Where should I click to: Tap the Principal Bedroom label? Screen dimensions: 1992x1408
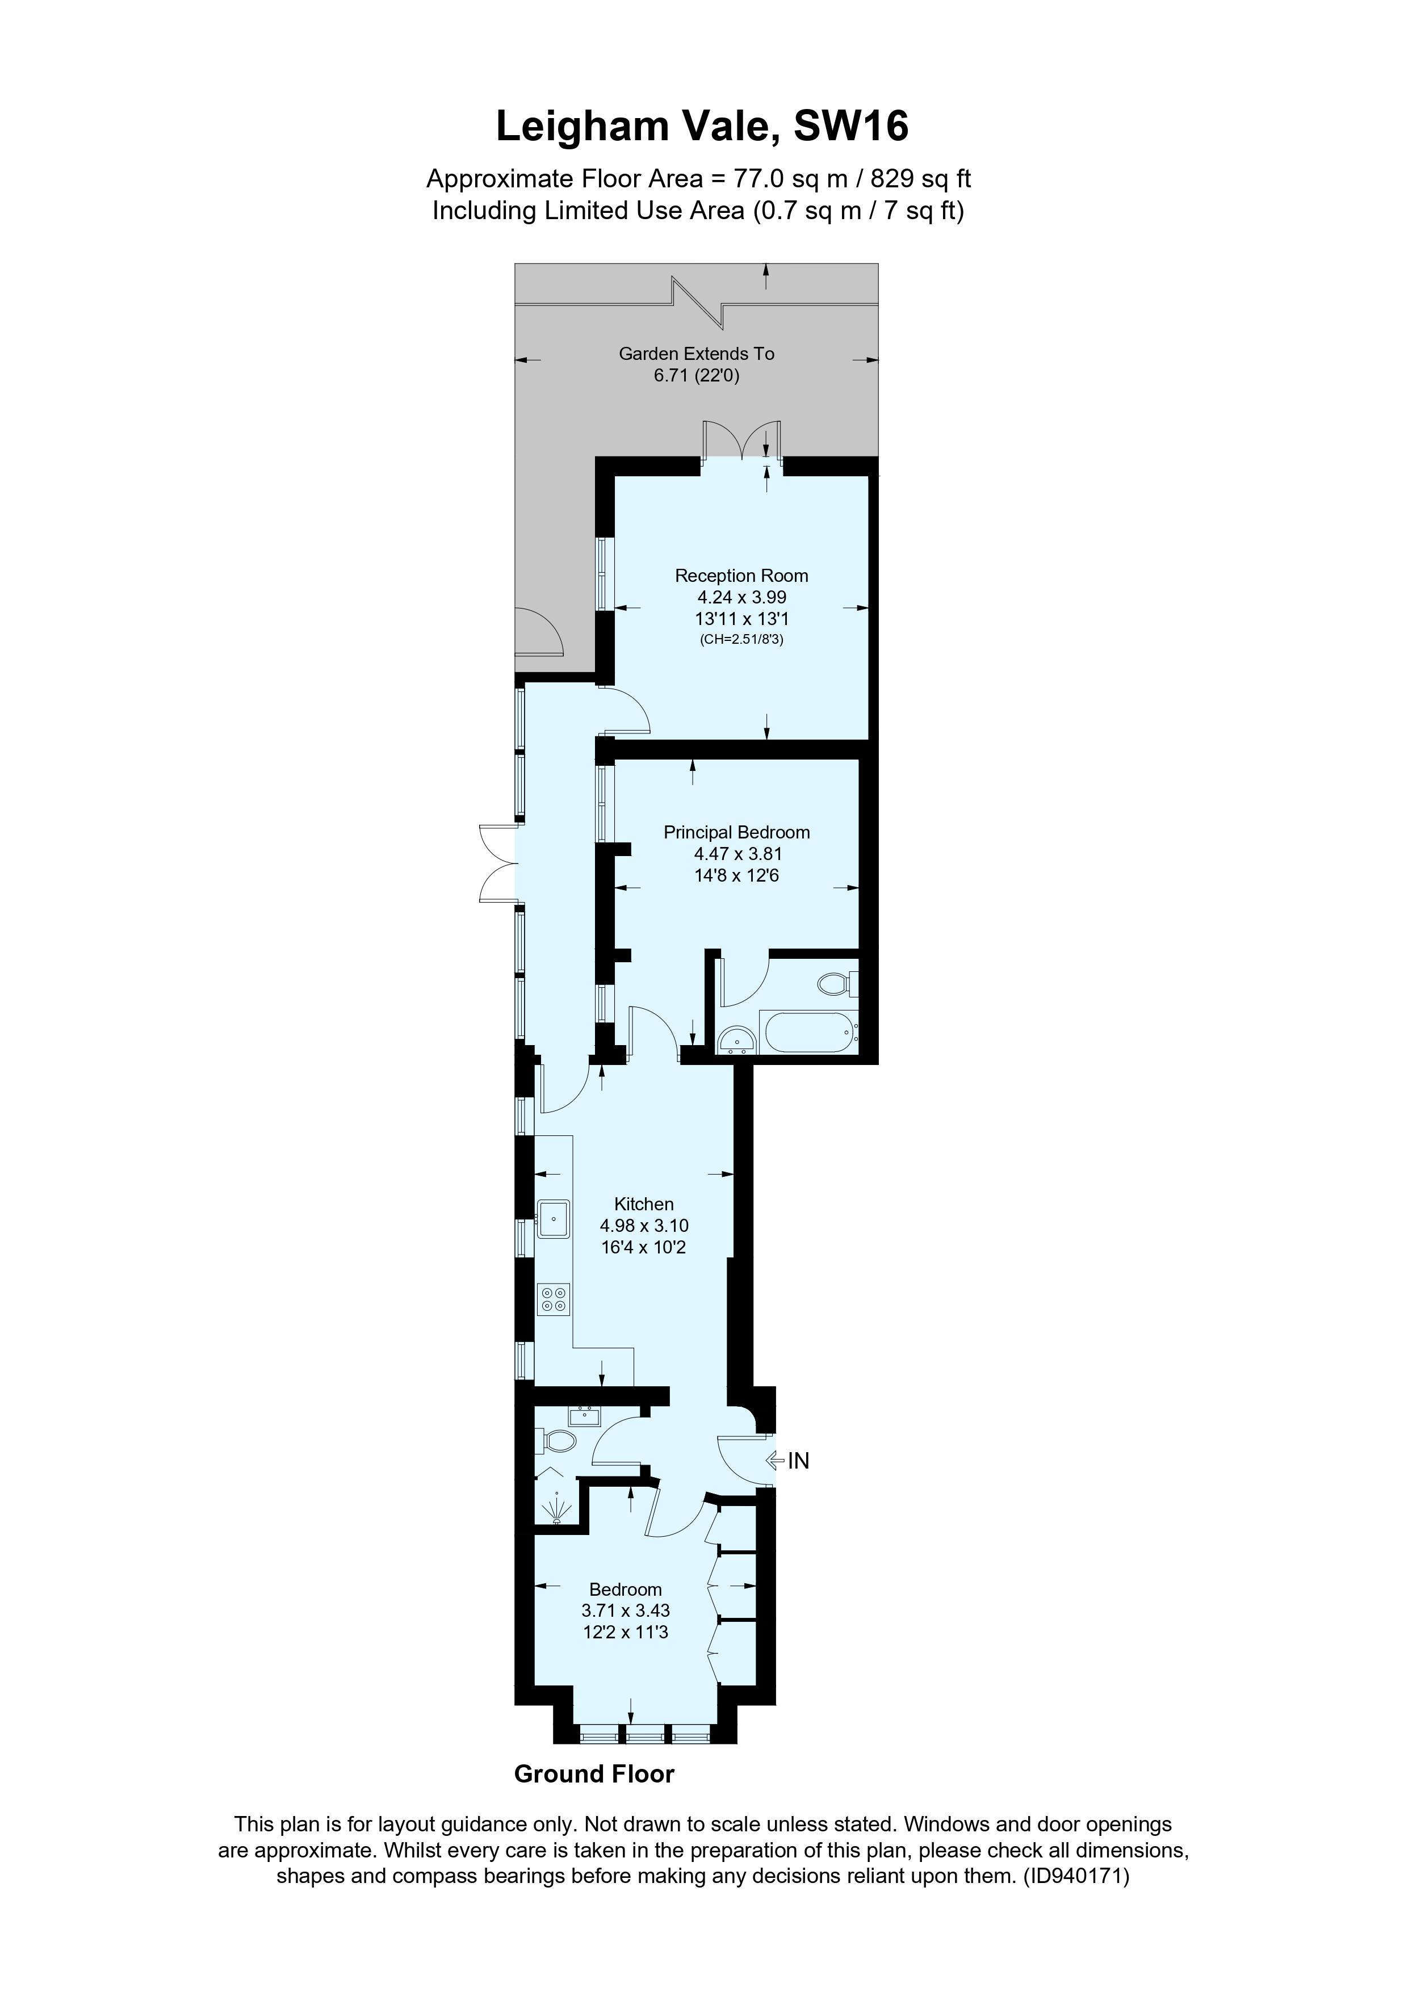[736, 832]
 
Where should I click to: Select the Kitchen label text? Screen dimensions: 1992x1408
[644, 1203]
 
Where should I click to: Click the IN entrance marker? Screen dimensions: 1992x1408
[797, 1461]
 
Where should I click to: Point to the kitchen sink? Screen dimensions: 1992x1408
[552, 1218]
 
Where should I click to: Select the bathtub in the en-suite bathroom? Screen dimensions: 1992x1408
[808, 1031]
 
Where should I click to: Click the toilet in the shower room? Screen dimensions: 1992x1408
[559, 1441]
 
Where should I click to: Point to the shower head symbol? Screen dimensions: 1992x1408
[556, 1509]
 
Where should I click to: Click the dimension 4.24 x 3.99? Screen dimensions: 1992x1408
[741, 597]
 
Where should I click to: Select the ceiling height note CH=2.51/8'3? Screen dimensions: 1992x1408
[741, 640]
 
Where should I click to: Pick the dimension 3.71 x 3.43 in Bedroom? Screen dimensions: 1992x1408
[626, 1611]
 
